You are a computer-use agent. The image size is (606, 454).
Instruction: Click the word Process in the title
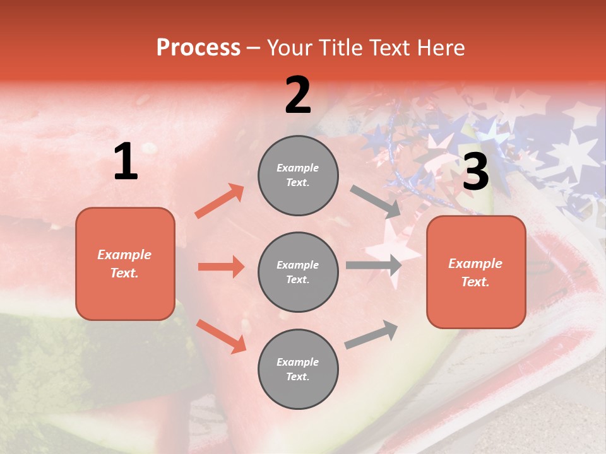tap(198, 47)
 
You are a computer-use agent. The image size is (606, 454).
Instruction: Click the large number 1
tap(126, 162)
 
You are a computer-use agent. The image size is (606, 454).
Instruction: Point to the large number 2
tap(298, 95)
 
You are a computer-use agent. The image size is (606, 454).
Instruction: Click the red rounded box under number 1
tap(125, 264)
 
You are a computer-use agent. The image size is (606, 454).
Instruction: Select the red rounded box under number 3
tap(476, 272)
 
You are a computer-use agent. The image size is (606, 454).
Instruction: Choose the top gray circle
tap(298, 175)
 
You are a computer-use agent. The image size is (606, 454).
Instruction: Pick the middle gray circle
tap(298, 272)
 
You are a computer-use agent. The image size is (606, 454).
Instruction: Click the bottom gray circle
tap(298, 369)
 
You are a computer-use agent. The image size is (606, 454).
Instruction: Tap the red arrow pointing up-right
tap(219, 201)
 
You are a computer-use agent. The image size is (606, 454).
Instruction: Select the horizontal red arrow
tap(221, 267)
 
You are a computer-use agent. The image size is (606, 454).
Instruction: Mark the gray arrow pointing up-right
tap(371, 334)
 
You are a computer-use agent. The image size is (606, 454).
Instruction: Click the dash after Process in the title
tap(254, 48)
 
